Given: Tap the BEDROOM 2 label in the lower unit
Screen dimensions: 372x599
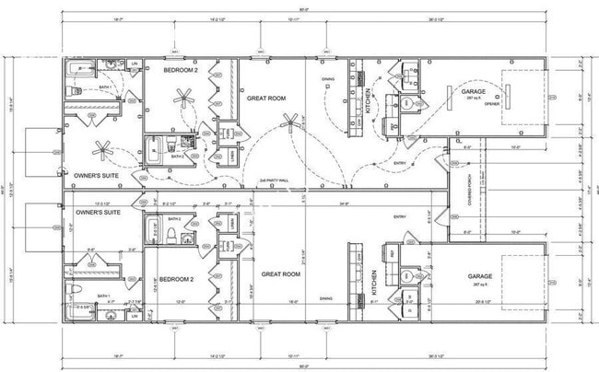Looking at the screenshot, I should tap(176, 279).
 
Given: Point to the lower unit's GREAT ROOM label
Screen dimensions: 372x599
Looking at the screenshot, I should tap(281, 273).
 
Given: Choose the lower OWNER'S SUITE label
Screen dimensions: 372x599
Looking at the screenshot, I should tap(98, 212).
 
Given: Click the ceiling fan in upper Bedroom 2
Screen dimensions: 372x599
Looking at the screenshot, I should tap(185, 97).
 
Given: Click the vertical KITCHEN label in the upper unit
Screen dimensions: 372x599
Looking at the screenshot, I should tap(369, 102).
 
